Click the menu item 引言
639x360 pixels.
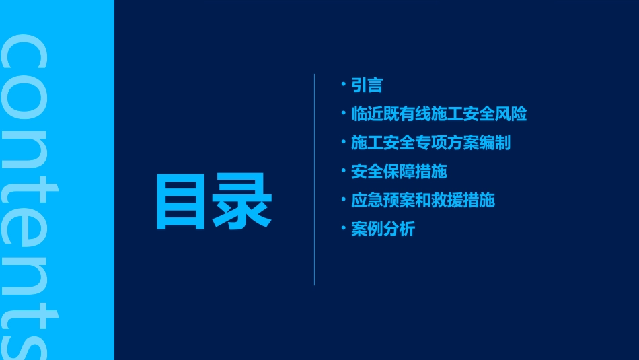tap(367, 85)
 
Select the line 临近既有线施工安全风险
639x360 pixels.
tap(439, 114)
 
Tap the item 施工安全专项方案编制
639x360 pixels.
tap(430, 143)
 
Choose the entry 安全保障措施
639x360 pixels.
tap(399, 172)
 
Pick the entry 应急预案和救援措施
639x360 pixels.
tap(422, 200)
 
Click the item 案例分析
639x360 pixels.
tap(383, 229)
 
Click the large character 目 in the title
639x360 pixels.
tap(180, 202)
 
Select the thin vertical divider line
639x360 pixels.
tap(314, 180)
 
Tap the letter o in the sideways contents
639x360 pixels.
tap(26, 102)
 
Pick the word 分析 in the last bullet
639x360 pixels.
tap(399, 229)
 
